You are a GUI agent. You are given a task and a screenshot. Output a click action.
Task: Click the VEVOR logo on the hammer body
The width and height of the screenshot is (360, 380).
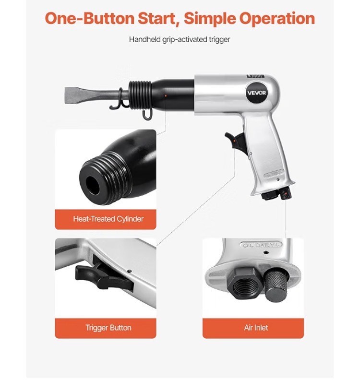256,93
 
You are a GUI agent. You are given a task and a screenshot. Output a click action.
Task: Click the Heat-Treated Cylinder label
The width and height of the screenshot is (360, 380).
108,219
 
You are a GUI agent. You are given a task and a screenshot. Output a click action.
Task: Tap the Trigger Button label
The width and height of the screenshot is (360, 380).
108,328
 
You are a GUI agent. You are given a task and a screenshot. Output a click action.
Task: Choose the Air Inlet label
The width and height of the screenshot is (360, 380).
256,328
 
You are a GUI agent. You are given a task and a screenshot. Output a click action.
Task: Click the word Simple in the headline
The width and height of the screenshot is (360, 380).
209,18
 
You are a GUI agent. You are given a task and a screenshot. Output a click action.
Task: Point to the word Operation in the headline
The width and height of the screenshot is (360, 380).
277,18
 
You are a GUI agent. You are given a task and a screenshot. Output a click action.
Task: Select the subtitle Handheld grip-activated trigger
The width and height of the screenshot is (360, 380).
180,39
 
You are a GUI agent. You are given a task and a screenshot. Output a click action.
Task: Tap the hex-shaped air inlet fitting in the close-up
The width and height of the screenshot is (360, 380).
244,283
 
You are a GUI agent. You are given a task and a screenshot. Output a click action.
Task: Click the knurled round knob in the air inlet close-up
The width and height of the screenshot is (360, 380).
276,286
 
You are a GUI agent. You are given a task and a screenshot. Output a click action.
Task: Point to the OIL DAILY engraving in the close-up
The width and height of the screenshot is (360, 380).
261,245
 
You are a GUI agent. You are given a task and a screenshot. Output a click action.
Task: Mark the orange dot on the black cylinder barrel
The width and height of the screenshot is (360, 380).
166,96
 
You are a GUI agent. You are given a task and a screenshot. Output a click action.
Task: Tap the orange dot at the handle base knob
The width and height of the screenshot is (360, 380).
287,193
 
